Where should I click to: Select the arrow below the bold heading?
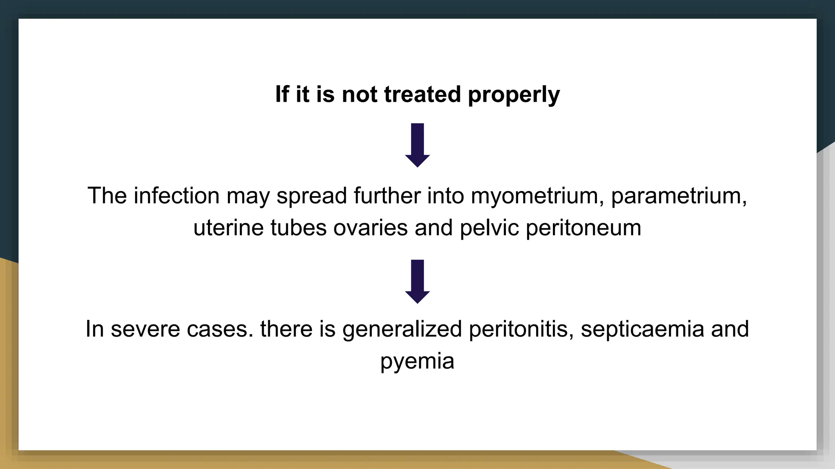(417, 145)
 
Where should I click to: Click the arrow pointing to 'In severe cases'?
(417, 281)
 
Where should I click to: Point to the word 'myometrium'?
(537, 196)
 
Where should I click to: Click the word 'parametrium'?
(678, 196)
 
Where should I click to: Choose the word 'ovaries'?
(370, 228)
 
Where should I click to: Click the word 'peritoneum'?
(583, 228)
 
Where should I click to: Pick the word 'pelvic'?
(489, 228)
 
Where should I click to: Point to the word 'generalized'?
(402, 329)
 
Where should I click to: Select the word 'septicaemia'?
(643, 329)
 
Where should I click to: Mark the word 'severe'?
(145, 329)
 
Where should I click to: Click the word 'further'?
(387, 196)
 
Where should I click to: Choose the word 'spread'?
(312, 196)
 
